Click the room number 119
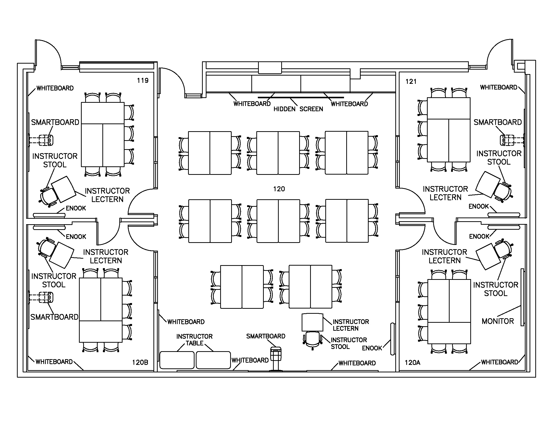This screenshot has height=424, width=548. pos(142,81)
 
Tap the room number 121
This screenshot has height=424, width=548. pos(411,82)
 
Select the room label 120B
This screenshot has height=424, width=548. pos(140,362)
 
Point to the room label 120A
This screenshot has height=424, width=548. pos(412,363)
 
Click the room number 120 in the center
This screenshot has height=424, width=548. pos(279,189)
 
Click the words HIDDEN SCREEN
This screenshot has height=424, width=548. pos(298,109)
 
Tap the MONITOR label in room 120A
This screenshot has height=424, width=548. pos(498,321)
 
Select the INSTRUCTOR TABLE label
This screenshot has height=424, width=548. pos(194,340)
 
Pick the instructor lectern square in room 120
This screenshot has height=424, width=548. pos(312,322)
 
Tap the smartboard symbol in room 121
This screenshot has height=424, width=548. pos(507,140)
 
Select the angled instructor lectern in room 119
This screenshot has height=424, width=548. pos(64,189)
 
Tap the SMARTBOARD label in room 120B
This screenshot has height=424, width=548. pos(54,317)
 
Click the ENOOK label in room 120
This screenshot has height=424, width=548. pos(372,348)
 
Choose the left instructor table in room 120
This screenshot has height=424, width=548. pos(177,360)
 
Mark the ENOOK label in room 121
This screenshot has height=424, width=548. pos(479,207)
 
